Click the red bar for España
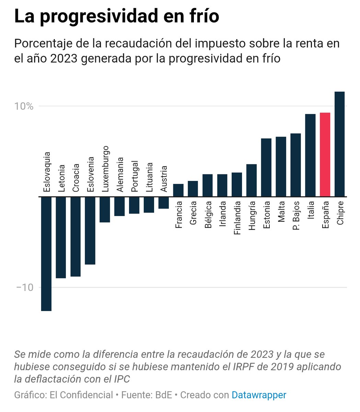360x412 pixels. point(325,154)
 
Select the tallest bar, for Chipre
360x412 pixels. point(339,144)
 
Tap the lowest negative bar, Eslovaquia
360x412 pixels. point(46,254)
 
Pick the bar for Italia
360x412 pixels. point(310,155)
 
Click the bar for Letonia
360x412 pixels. point(61,237)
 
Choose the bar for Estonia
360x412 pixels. point(266,168)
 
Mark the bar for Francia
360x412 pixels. point(178,190)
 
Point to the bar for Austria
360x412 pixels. point(164,203)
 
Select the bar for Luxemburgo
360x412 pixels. point(105,209)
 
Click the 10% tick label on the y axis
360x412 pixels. point(24,106)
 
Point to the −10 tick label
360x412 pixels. point(25,287)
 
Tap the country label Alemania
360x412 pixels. point(120,174)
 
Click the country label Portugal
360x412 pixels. point(135,176)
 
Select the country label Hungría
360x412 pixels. point(252,215)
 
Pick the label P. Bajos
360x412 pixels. point(296,216)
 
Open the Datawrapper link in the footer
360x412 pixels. point(259,395)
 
